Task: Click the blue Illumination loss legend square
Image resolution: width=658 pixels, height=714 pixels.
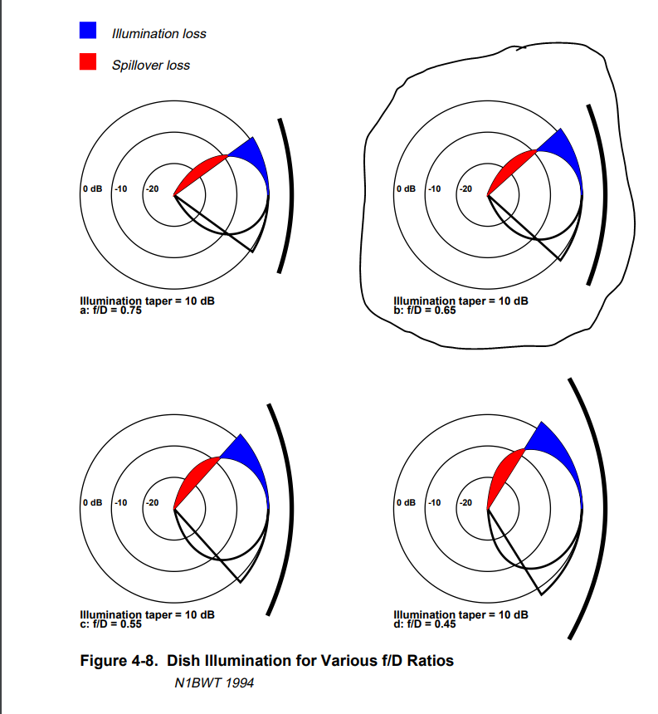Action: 89,32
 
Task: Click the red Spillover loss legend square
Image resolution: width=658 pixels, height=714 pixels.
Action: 89,63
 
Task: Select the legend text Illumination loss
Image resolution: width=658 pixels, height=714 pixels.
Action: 158,33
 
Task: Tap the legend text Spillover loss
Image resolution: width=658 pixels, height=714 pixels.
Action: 151,65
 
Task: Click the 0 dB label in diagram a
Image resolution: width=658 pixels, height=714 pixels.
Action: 91,189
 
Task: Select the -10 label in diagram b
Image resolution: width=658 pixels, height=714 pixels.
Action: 434,189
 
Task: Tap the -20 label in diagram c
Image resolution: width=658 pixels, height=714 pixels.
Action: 152,503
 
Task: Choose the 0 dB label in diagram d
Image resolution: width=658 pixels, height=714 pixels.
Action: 406,503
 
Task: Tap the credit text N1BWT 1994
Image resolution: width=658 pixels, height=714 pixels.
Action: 214,683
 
